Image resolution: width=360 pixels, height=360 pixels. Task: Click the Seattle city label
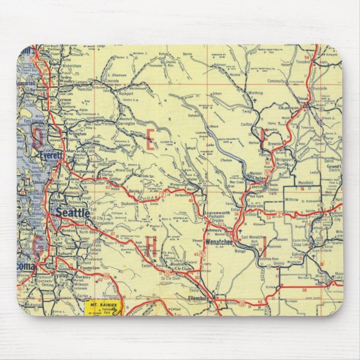[x=72, y=213]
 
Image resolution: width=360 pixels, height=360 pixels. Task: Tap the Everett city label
[x=50, y=157]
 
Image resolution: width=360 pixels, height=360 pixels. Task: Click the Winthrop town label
[x=255, y=93]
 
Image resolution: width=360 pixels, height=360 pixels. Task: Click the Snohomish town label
[x=83, y=172]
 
